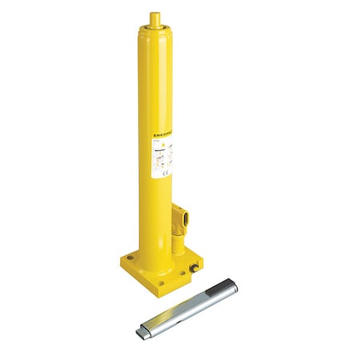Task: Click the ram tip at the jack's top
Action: point(155,18)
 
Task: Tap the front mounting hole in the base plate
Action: point(163,284)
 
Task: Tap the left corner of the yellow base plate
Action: point(120,264)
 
